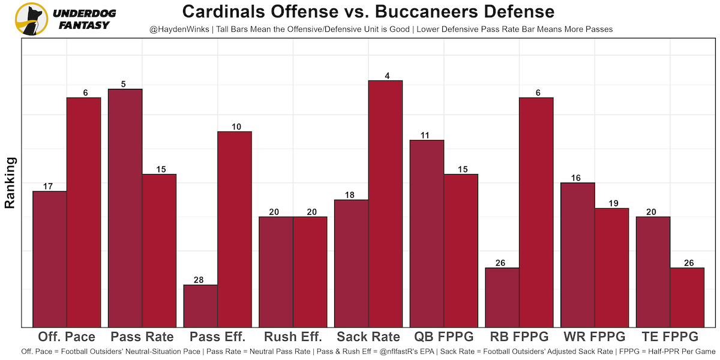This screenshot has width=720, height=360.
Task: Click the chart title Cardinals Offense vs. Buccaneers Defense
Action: [x=368, y=12]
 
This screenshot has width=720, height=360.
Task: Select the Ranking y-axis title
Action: [x=10, y=182]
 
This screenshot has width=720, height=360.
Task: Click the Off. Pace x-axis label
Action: [x=67, y=337]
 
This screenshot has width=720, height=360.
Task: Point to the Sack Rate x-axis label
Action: [x=368, y=337]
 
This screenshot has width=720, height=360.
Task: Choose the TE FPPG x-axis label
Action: [x=670, y=337]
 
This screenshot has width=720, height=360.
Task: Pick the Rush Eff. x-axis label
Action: [x=293, y=337]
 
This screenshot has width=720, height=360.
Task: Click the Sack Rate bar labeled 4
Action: [x=385, y=204]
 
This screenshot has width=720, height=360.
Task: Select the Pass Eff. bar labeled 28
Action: [x=200, y=306]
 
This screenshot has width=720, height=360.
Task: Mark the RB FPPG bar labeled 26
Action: [x=502, y=298]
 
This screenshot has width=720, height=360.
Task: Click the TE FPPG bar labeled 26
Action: [x=687, y=298]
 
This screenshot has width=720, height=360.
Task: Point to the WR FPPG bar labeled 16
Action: [x=577, y=255]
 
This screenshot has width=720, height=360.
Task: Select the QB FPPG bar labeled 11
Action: [x=427, y=234]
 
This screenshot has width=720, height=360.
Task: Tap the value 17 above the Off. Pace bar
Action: [x=49, y=187]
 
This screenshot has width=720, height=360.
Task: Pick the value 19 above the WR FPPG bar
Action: [x=611, y=204]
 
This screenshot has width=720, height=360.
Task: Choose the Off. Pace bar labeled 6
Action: [x=83, y=212]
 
